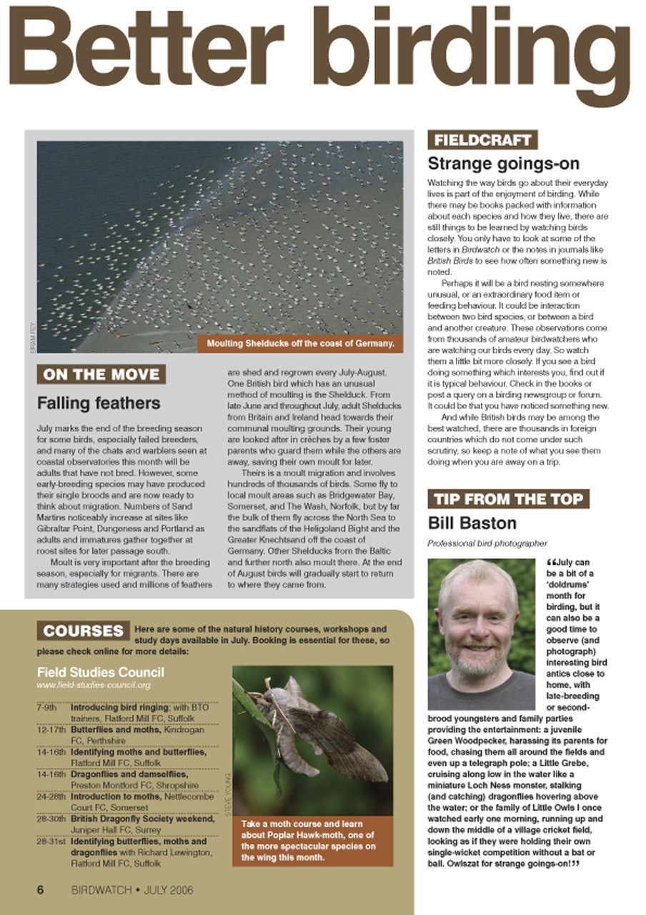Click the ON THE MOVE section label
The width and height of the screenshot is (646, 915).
[101, 375]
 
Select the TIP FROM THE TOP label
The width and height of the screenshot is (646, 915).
[508, 499]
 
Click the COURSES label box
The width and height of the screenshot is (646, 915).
[83, 631]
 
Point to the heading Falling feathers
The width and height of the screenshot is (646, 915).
[99, 403]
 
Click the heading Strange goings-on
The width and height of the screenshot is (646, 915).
[503, 164]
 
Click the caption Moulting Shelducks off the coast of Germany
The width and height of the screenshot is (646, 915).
[300, 344]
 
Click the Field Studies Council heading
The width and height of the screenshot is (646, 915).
[100, 672]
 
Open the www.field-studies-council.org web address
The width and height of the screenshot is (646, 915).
[94, 686]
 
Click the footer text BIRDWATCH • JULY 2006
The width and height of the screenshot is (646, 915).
[132, 891]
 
